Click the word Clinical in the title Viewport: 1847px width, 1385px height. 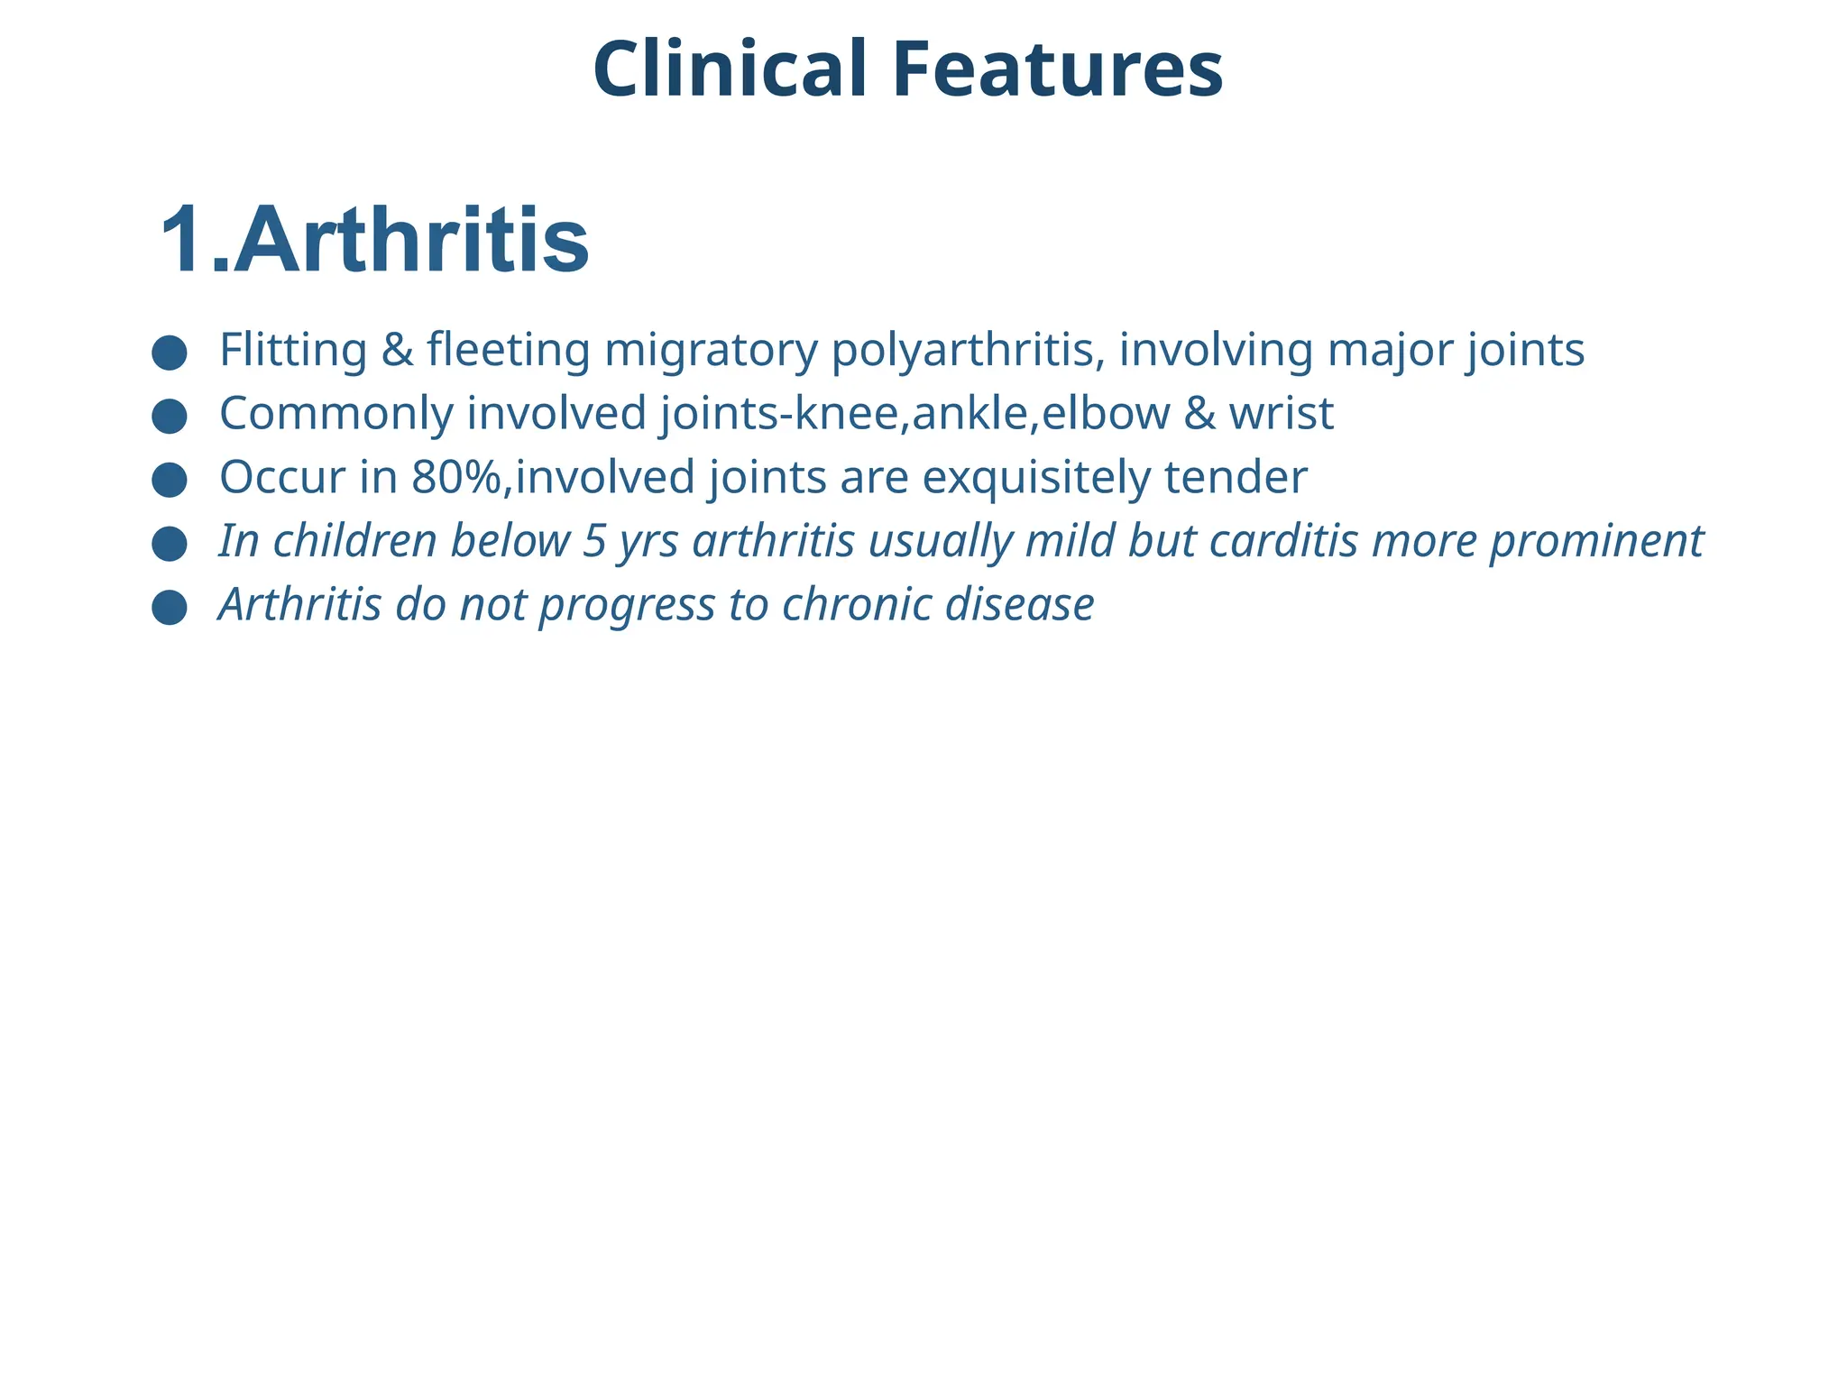(729, 70)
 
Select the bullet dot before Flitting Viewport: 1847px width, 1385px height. (170, 353)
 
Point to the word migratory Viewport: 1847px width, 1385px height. (711, 351)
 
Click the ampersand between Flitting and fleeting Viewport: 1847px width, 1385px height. (397, 350)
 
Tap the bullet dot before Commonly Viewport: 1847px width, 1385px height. (170, 417)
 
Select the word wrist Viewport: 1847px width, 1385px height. (1281, 414)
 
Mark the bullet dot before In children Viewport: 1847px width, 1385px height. (170, 545)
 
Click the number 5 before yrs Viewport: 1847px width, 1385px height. (594, 542)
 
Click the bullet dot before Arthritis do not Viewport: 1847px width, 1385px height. (170, 608)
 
